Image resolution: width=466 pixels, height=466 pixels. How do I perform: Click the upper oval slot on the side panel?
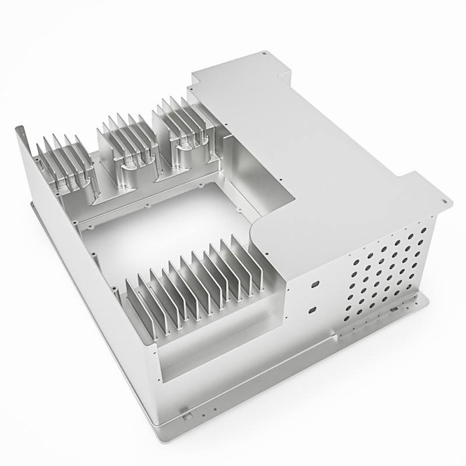[x=315, y=283]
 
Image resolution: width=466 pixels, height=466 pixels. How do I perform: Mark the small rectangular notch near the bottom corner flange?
[x=185, y=416]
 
